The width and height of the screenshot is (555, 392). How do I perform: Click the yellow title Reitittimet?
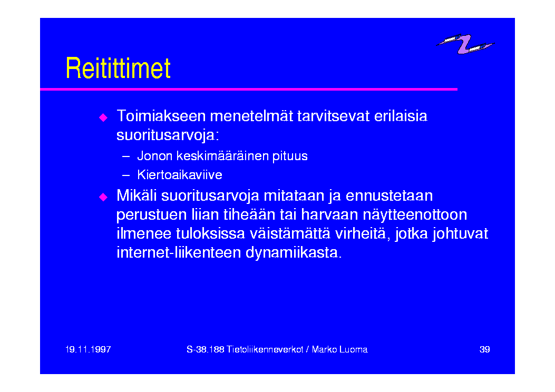[118, 68]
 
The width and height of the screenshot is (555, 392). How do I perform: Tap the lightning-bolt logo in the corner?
[465, 44]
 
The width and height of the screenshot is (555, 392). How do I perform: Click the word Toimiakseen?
[161, 116]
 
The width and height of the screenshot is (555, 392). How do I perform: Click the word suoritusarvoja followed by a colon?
[168, 135]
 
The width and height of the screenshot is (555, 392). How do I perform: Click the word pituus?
[290, 156]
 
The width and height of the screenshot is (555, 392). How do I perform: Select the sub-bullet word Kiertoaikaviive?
[180, 175]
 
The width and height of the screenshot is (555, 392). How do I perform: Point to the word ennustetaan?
[389, 195]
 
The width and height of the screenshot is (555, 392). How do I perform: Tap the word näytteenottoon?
[415, 215]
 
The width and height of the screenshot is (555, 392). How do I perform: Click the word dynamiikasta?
[294, 253]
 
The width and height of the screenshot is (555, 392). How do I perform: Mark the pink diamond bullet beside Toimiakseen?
[103, 117]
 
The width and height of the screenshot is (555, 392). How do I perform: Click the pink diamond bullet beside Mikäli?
[103, 197]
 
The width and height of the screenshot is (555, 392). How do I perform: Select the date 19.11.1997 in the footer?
[88, 349]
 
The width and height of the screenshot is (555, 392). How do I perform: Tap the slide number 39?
[484, 349]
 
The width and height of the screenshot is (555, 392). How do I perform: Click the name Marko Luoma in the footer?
[339, 349]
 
